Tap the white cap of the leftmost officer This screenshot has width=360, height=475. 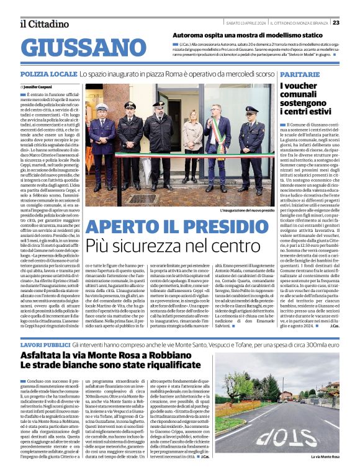click(101, 107)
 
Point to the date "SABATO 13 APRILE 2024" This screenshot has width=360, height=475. click(243, 23)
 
